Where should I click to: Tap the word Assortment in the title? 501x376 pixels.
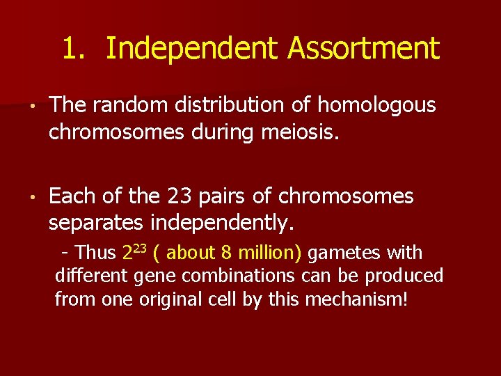pyautogui.click(x=364, y=49)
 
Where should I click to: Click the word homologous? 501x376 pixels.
pyautogui.click(x=376, y=105)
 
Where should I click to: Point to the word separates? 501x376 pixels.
pyautogui.click(x=97, y=223)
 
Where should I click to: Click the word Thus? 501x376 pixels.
pyautogui.click(x=96, y=252)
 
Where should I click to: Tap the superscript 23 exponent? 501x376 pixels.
pyautogui.click(x=140, y=247)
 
